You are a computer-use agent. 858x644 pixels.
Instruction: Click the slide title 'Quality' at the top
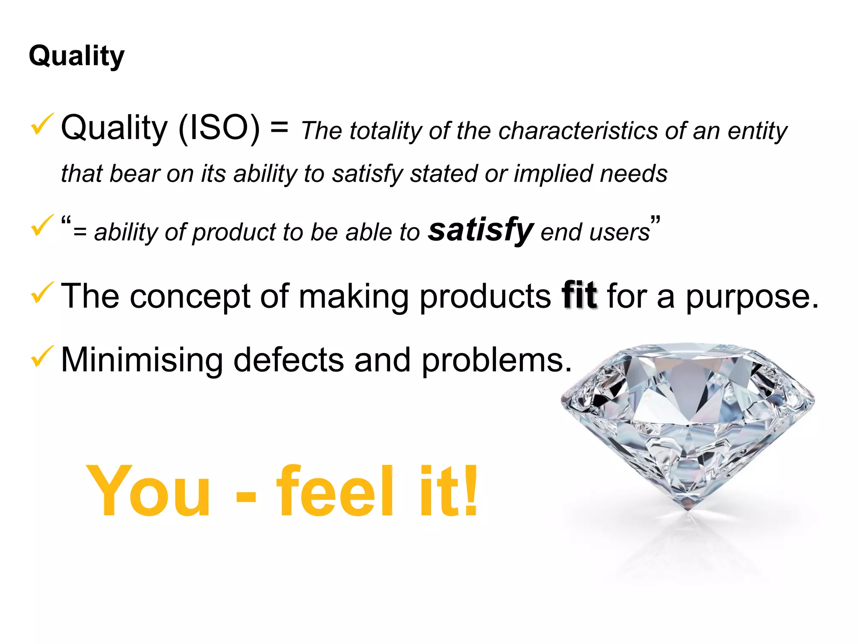coord(77,56)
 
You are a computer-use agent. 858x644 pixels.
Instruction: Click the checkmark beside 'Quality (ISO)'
coord(42,124)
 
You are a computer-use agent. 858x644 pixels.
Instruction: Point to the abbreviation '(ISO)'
coord(219,128)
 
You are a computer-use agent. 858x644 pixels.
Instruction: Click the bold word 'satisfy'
coord(481,230)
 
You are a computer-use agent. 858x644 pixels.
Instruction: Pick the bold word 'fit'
coord(579,296)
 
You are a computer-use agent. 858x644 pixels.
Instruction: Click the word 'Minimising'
coord(142,360)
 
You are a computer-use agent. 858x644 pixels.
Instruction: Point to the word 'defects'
coord(288,360)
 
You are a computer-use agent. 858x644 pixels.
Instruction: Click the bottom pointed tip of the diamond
coord(688,508)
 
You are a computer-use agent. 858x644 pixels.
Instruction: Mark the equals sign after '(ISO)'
coord(279,127)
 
